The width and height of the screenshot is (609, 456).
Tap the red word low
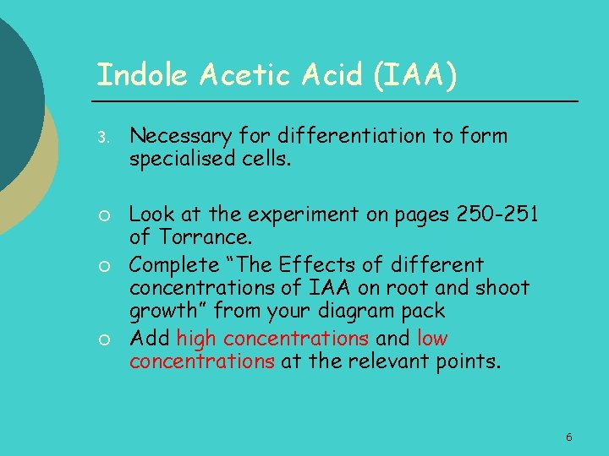point(432,339)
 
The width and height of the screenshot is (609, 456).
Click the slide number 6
point(569,437)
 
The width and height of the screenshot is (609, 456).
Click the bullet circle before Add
point(102,340)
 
